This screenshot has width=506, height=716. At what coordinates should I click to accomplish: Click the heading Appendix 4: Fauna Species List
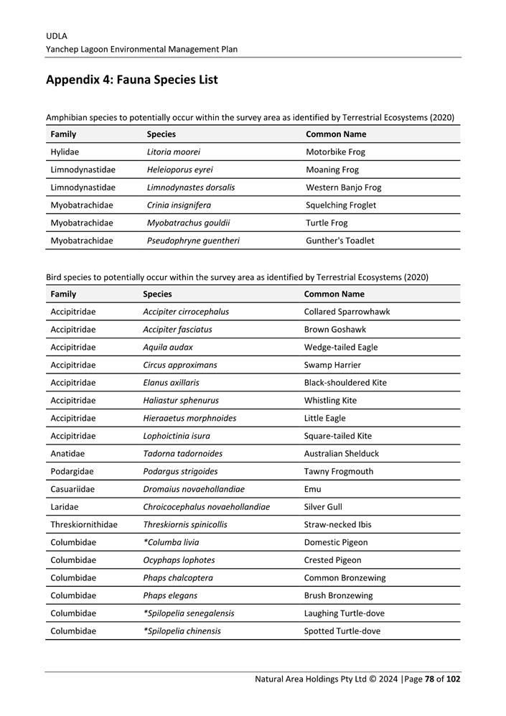pos(131,80)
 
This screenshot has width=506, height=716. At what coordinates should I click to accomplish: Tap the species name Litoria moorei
pos(174,152)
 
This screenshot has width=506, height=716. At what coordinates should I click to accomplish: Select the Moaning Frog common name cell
pos(332,170)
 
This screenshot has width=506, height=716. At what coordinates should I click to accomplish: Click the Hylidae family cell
pos(65,152)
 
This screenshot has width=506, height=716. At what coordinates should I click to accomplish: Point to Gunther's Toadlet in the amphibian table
pos(340,241)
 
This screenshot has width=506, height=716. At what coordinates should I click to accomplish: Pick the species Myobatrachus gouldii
pos(188,223)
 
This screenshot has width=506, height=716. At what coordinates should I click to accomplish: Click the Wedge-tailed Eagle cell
pos(341,348)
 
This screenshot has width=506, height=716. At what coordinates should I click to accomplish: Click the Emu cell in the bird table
pos(313,489)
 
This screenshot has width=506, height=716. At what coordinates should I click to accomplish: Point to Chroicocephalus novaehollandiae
pos(207,507)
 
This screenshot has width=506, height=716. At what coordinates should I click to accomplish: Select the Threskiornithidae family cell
pos(84,525)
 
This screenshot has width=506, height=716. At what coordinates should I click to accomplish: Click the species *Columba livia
pos(172,543)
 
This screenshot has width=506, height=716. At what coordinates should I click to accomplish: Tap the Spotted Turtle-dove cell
pos(342,631)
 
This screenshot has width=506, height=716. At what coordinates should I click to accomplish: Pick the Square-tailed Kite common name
pos(338,436)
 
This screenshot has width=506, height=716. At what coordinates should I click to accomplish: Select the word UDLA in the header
pos(57,36)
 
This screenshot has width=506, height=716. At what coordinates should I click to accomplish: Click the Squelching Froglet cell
pos(341,205)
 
